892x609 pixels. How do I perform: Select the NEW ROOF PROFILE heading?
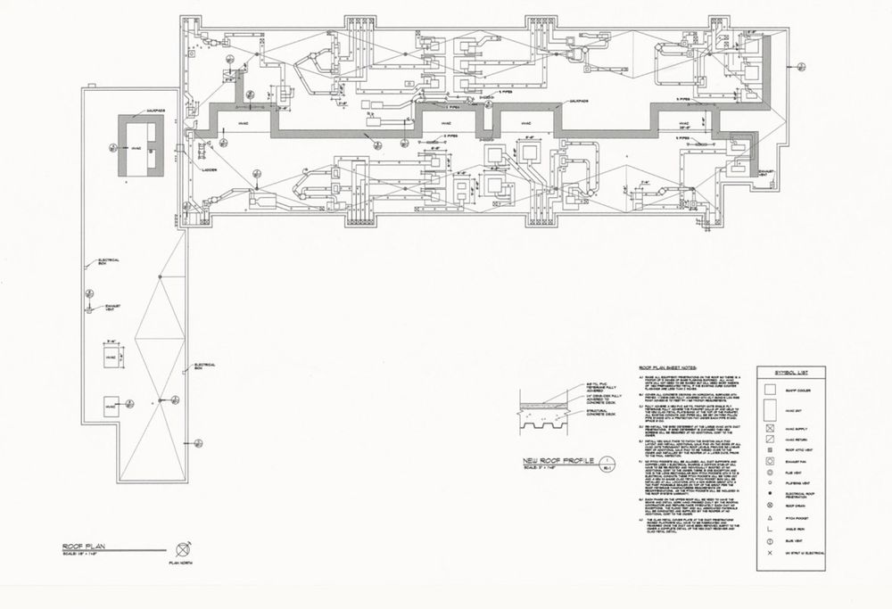point(560,460)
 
